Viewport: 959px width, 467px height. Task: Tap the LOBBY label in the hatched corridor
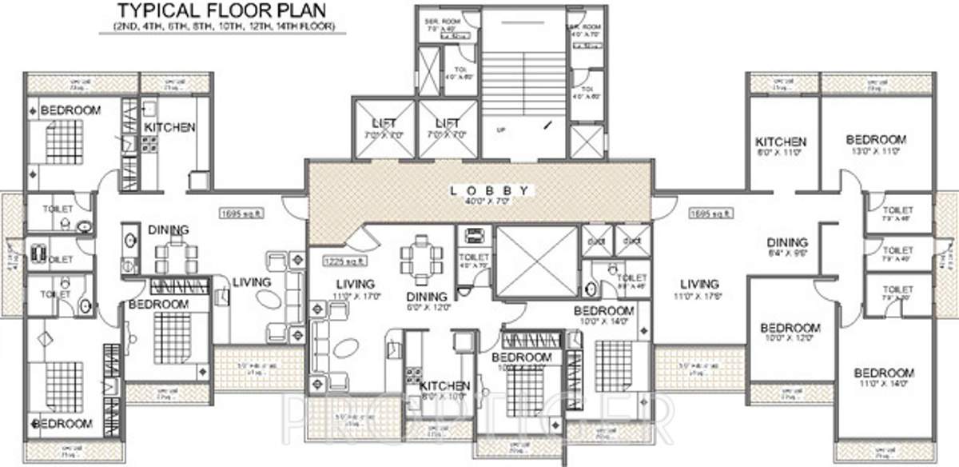488,190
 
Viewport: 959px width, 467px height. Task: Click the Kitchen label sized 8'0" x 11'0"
781,142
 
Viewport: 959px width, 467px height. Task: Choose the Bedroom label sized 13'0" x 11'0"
876,139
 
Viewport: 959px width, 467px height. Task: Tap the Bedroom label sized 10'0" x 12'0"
790,328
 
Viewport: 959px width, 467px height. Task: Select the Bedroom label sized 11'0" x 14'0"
884,373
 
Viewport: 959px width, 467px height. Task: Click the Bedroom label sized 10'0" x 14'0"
604,310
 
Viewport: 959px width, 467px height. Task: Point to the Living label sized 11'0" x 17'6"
699,284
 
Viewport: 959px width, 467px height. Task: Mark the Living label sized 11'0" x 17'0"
355,284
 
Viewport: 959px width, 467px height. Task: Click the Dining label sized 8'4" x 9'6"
787,243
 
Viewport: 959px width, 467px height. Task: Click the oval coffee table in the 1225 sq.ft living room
344,349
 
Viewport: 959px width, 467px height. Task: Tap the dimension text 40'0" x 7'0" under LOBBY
488,202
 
